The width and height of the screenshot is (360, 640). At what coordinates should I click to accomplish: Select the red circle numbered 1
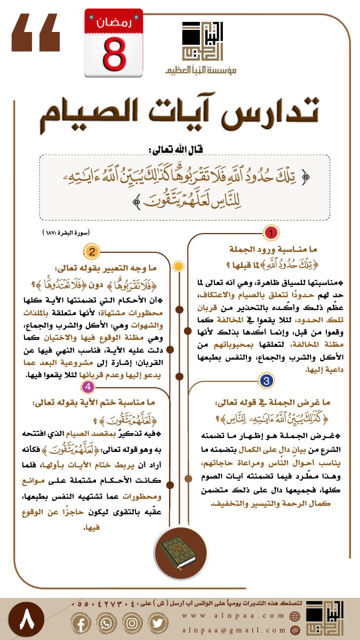point(271,233)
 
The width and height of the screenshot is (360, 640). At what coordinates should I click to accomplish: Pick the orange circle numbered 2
point(92,252)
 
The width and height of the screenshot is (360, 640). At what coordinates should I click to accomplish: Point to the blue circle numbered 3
point(266,380)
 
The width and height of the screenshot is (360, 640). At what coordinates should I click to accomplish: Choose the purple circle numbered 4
point(87,387)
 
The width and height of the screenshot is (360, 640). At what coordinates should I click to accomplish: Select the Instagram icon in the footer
point(132,622)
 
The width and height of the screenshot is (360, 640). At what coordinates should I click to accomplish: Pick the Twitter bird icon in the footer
point(156,622)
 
